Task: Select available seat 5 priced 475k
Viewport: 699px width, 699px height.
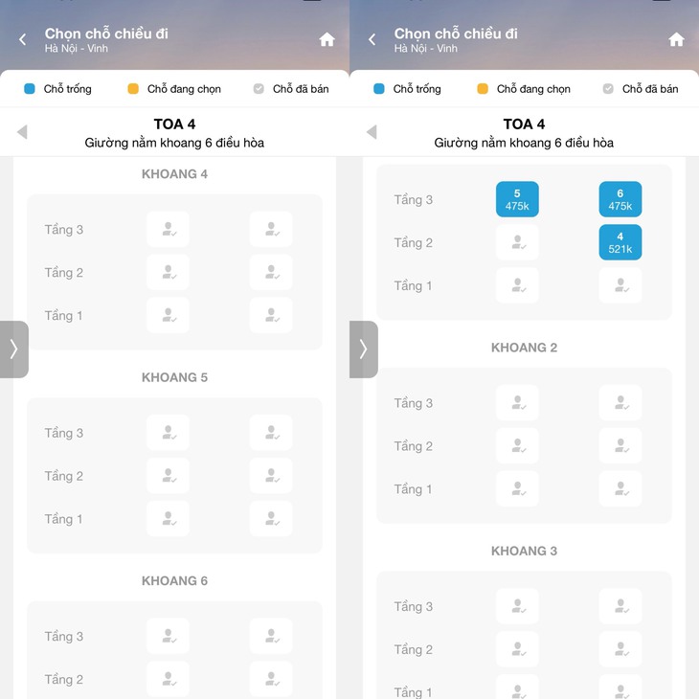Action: tap(517, 199)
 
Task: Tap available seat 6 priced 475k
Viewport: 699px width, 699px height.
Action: tap(620, 199)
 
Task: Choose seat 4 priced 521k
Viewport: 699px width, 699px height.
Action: tap(620, 242)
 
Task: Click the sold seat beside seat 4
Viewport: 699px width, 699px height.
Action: tap(517, 242)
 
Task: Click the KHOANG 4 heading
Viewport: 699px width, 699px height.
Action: tap(174, 174)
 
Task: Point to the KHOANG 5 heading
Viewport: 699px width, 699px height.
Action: tap(174, 377)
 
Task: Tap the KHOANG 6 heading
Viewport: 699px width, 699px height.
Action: tap(174, 580)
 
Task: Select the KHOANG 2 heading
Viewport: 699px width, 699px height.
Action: tap(525, 348)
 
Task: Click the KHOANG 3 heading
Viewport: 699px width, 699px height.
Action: tap(525, 551)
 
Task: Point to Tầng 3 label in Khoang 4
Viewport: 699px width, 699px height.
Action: tap(64, 230)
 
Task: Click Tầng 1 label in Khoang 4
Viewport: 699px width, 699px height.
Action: tap(63, 316)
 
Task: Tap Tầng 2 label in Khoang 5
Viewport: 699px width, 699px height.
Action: tap(64, 476)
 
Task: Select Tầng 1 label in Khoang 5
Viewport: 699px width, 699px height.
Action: tap(63, 519)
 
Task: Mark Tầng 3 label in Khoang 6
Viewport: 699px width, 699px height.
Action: tap(64, 636)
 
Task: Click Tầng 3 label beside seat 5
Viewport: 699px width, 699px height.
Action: tap(414, 200)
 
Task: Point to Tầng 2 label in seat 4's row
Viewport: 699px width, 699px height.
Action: tap(414, 243)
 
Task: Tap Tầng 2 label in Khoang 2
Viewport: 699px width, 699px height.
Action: tap(414, 446)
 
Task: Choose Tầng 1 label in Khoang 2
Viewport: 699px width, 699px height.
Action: tap(413, 489)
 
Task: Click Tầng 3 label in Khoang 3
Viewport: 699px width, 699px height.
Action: tap(414, 606)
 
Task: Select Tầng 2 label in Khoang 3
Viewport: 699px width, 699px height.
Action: tap(414, 649)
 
